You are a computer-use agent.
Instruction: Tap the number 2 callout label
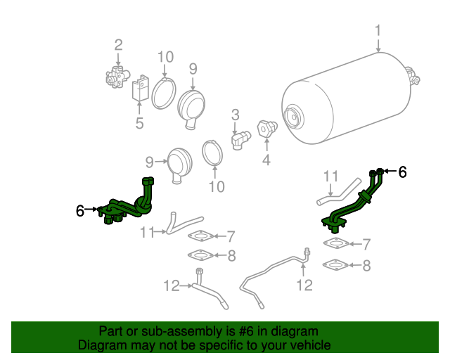tap(118, 45)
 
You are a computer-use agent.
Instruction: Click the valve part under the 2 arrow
tap(117, 77)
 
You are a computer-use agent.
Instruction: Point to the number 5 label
tap(139, 123)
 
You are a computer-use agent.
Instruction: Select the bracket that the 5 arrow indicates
tap(141, 89)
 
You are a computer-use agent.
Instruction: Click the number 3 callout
tap(236, 115)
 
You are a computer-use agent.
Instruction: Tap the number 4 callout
tap(266, 160)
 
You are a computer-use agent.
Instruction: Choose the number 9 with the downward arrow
tap(193, 69)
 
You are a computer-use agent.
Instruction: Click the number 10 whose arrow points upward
tap(217, 187)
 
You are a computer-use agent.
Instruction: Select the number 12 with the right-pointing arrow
tap(172, 286)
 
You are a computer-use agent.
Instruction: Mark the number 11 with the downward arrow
tap(331, 176)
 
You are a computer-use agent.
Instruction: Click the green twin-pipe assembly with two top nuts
tap(352, 201)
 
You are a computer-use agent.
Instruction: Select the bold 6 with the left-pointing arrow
tap(403, 172)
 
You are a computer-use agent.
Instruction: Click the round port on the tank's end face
tap(292, 117)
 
